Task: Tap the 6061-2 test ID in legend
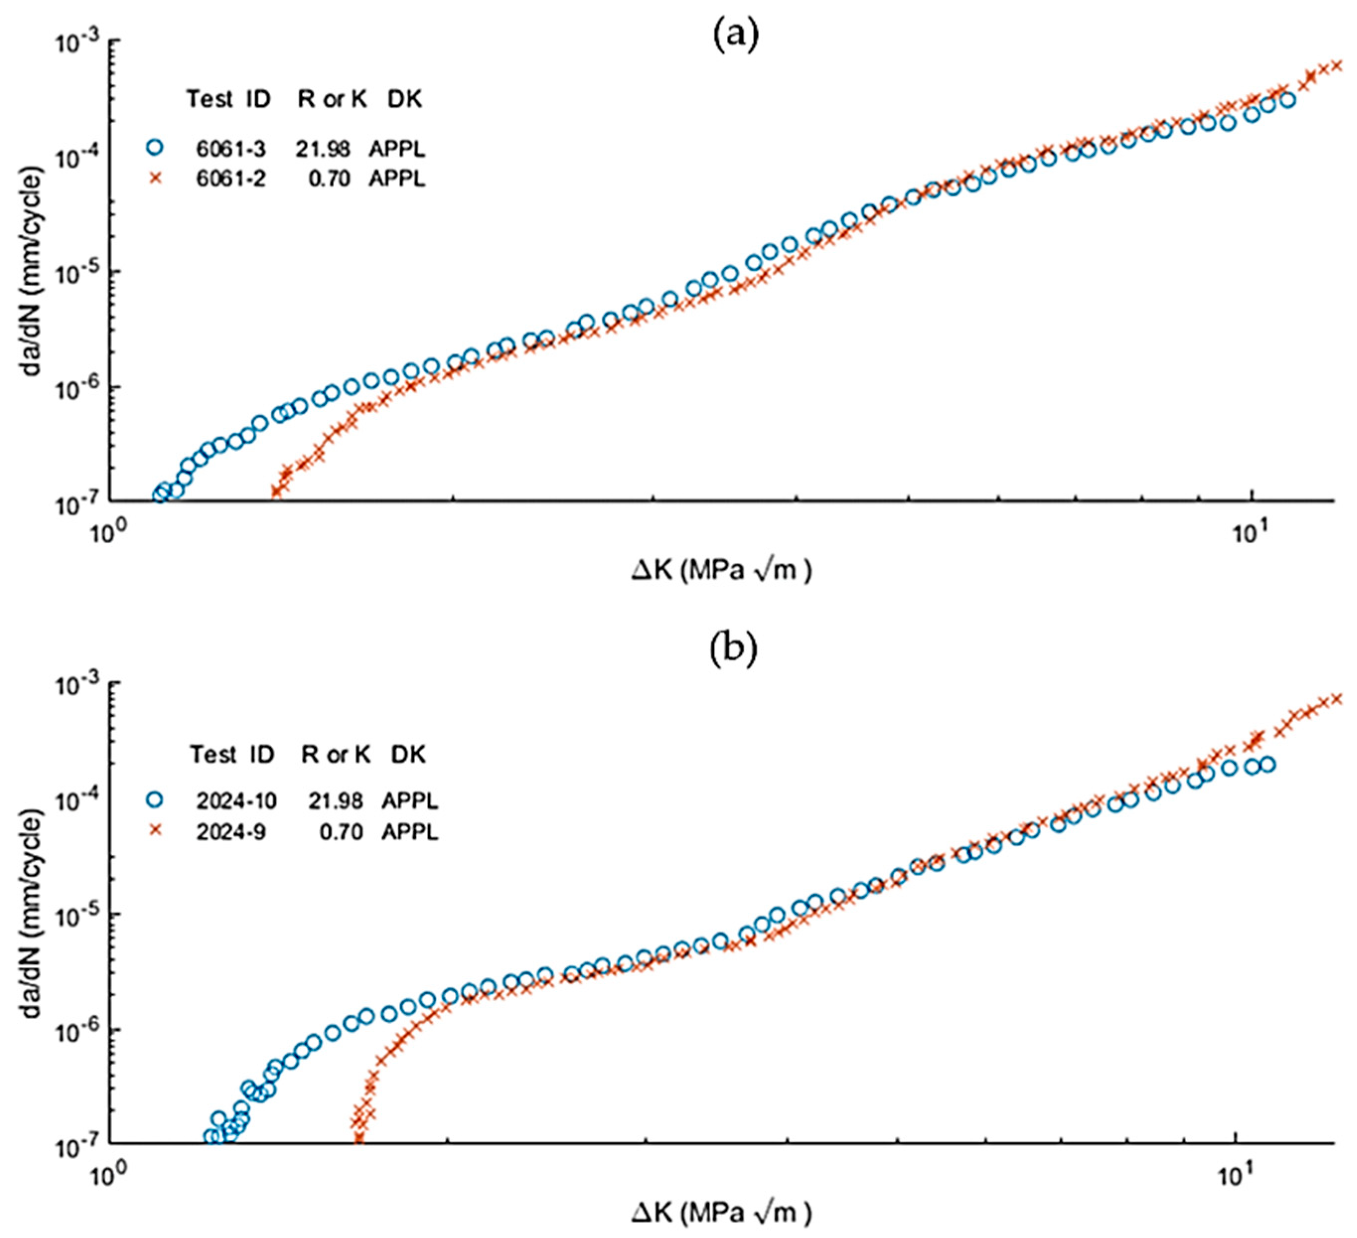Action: [x=231, y=178]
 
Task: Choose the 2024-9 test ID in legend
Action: [x=231, y=832]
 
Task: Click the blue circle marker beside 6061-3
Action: [x=155, y=147]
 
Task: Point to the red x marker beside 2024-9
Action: [x=155, y=831]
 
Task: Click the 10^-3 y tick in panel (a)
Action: [x=76, y=43]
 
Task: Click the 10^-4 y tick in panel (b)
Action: [x=76, y=801]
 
